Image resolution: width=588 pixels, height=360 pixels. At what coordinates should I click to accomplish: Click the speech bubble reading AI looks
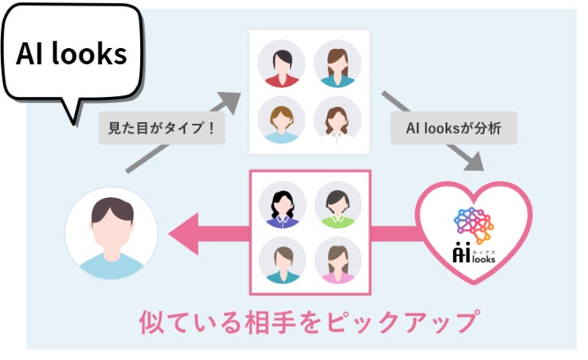(72, 55)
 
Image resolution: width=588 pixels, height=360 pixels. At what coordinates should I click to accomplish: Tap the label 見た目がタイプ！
(162, 129)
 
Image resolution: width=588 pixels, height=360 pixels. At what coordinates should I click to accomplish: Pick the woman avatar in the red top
(281, 64)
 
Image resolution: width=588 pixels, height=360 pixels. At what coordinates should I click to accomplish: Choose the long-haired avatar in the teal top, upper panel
(337, 64)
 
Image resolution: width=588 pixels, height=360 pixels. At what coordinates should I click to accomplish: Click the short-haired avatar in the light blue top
(281, 120)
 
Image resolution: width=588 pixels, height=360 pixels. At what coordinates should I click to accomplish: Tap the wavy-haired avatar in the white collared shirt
(337, 120)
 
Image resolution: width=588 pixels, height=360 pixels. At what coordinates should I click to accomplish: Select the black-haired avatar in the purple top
(283, 204)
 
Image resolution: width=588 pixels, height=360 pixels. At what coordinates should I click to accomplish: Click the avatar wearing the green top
(337, 204)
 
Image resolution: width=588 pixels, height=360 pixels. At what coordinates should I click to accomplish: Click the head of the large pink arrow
(183, 235)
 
